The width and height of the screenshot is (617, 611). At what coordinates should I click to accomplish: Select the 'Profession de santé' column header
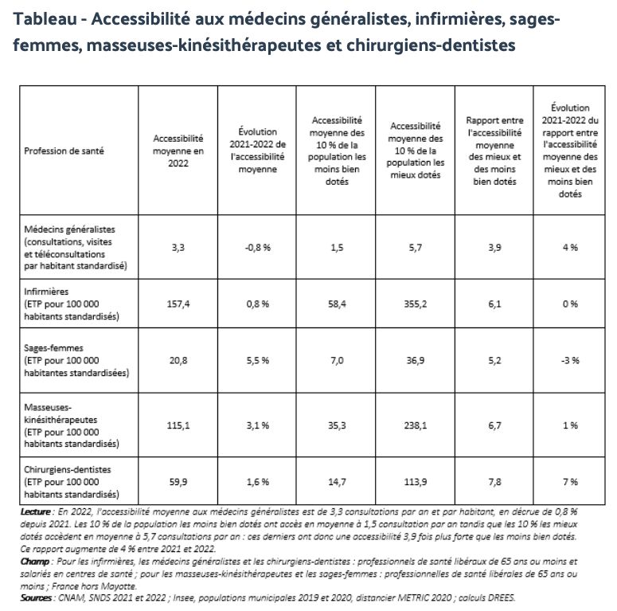click(64, 150)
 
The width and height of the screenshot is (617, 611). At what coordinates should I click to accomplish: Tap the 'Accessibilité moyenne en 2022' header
click(178, 150)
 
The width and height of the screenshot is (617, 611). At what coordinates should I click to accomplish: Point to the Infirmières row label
click(47, 292)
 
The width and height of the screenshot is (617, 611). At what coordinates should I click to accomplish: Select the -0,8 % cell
click(256, 248)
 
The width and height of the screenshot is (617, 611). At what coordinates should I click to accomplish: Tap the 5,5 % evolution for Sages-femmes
click(256, 361)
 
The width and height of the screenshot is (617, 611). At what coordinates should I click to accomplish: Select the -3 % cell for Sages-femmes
click(569, 361)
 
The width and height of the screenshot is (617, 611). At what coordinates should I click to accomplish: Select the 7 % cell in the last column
click(569, 482)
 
